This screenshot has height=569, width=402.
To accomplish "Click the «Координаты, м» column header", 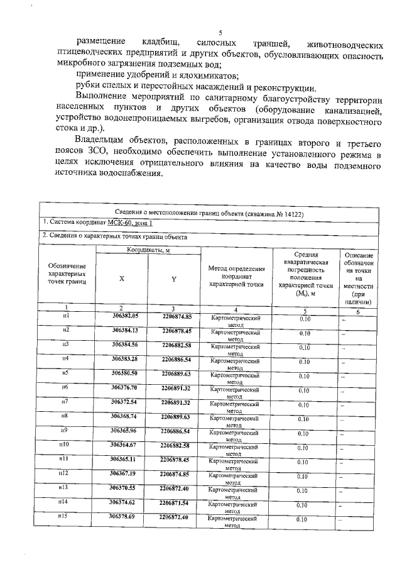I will pos(148,250).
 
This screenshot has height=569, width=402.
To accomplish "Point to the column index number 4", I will pos(236,310).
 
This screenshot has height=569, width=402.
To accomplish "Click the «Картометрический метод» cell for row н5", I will pos(235,377).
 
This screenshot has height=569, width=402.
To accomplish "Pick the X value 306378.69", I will pos(122,516).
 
